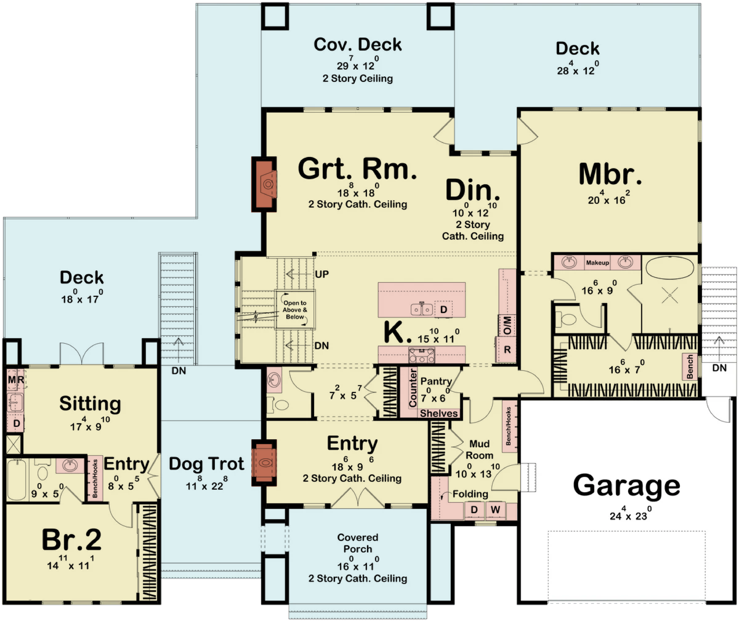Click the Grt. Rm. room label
pos(357,169)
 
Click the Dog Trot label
pos(206,464)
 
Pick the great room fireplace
pos(264,184)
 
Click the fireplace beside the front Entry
pos(264,462)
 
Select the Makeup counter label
pos(597,263)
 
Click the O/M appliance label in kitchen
pos(507,325)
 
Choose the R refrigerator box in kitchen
pos(507,349)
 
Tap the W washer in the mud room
pos(495,510)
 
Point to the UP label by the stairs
pos(322,274)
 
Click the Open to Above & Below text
pos(295,310)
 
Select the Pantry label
pos(436,381)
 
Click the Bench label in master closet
pos(690,367)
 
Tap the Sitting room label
pos(90,404)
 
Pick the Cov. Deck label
pos(358,45)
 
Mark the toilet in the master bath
pos(566,319)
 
